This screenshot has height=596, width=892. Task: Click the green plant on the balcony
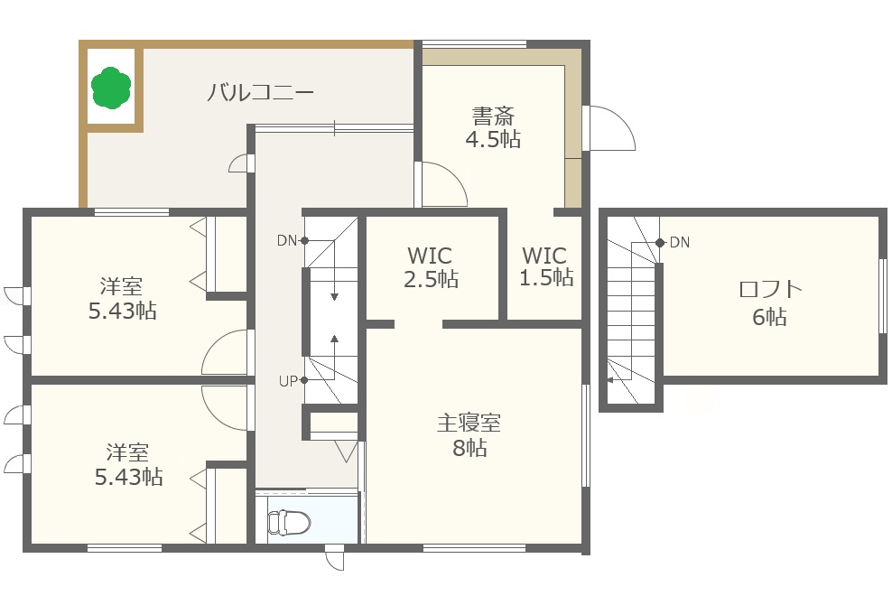(x=111, y=87)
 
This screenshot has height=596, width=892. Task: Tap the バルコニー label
(x=260, y=92)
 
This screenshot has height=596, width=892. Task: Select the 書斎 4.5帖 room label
(x=493, y=127)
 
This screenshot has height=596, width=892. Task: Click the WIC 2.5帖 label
(x=431, y=267)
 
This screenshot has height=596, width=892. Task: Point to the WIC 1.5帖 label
(x=545, y=265)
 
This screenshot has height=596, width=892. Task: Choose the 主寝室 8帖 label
(x=469, y=435)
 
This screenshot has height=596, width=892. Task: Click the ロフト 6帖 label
(x=770, y=303)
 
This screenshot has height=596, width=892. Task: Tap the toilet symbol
(x=289, y=522)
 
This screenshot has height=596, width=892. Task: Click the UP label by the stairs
(x=288, y=381)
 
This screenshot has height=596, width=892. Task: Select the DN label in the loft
(x=680, y=243)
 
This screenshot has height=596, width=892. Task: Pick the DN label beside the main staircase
(x=287, y=241)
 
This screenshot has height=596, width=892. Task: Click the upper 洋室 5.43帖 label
(x=122, y=299)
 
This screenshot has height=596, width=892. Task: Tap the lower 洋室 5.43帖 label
(x=128, y=464)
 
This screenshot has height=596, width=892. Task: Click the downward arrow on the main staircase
(x=334, y=284)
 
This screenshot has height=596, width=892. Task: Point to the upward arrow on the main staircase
(x=334, y=351)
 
